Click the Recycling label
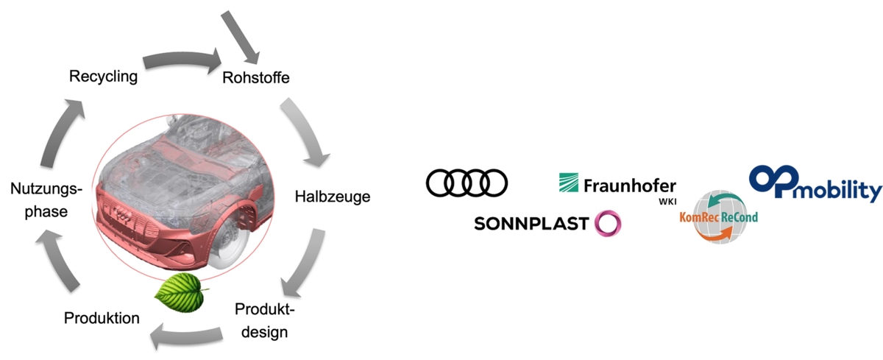coord(103,77)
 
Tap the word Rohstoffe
coord(256,78)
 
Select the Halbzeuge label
coord(333,197)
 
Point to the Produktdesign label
coord(264,320)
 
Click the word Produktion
coord(102,318)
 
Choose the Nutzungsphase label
coord(46,200)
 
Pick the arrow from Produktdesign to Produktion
coord(185,336)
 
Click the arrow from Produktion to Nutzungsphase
coord(58,261)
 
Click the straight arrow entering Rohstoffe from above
coord(240,37)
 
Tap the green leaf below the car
coord(181,292)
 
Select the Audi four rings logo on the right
coord(467,183)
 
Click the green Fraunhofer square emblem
coord(568,183)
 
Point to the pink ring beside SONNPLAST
coord(608,224)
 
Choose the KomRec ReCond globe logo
coord(719,217)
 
